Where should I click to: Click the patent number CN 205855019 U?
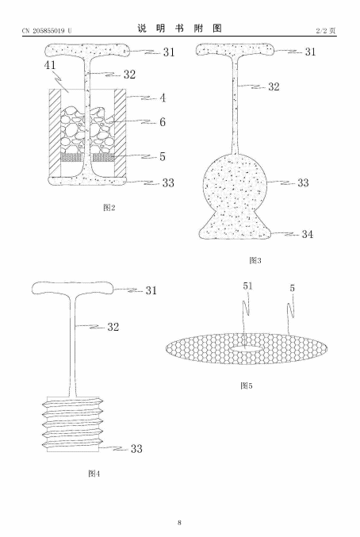pyautogui.click(x=47, y=31)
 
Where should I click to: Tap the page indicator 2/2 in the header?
pyautogui.click(x=321, y=31)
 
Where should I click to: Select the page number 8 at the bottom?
pyautogui.click(x=180, y=522)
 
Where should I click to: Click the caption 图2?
pyautogui.click(x=109, y=208)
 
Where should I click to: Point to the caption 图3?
pyautogui.click(x=255, y=260)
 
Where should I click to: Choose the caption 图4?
pyautogui.click(x=94, y=474)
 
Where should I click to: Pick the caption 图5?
pyautogui.click(x=246, y=385)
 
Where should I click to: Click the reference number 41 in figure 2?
pyautogui.click(x=50, y=65)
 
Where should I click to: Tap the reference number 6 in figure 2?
pyautogui.click(x=163, y=122)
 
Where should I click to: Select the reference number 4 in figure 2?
pyautogui.click(x=163, y=98)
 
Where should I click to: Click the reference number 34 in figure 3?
pyautogui.click(x=308, y=234)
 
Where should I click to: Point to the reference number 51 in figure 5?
pyautogui.click(x=247, y=286)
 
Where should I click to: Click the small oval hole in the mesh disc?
pyautogui.click(x=246, y=349)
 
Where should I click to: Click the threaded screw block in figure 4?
pyautogui.click(x=73, y=424)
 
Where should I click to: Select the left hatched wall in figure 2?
pyautogui.click(x=55, y=132)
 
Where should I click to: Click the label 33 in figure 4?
pyautogui.click(x=136, y=449)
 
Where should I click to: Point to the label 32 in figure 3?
pyautogui.click(x=274, y=86)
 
